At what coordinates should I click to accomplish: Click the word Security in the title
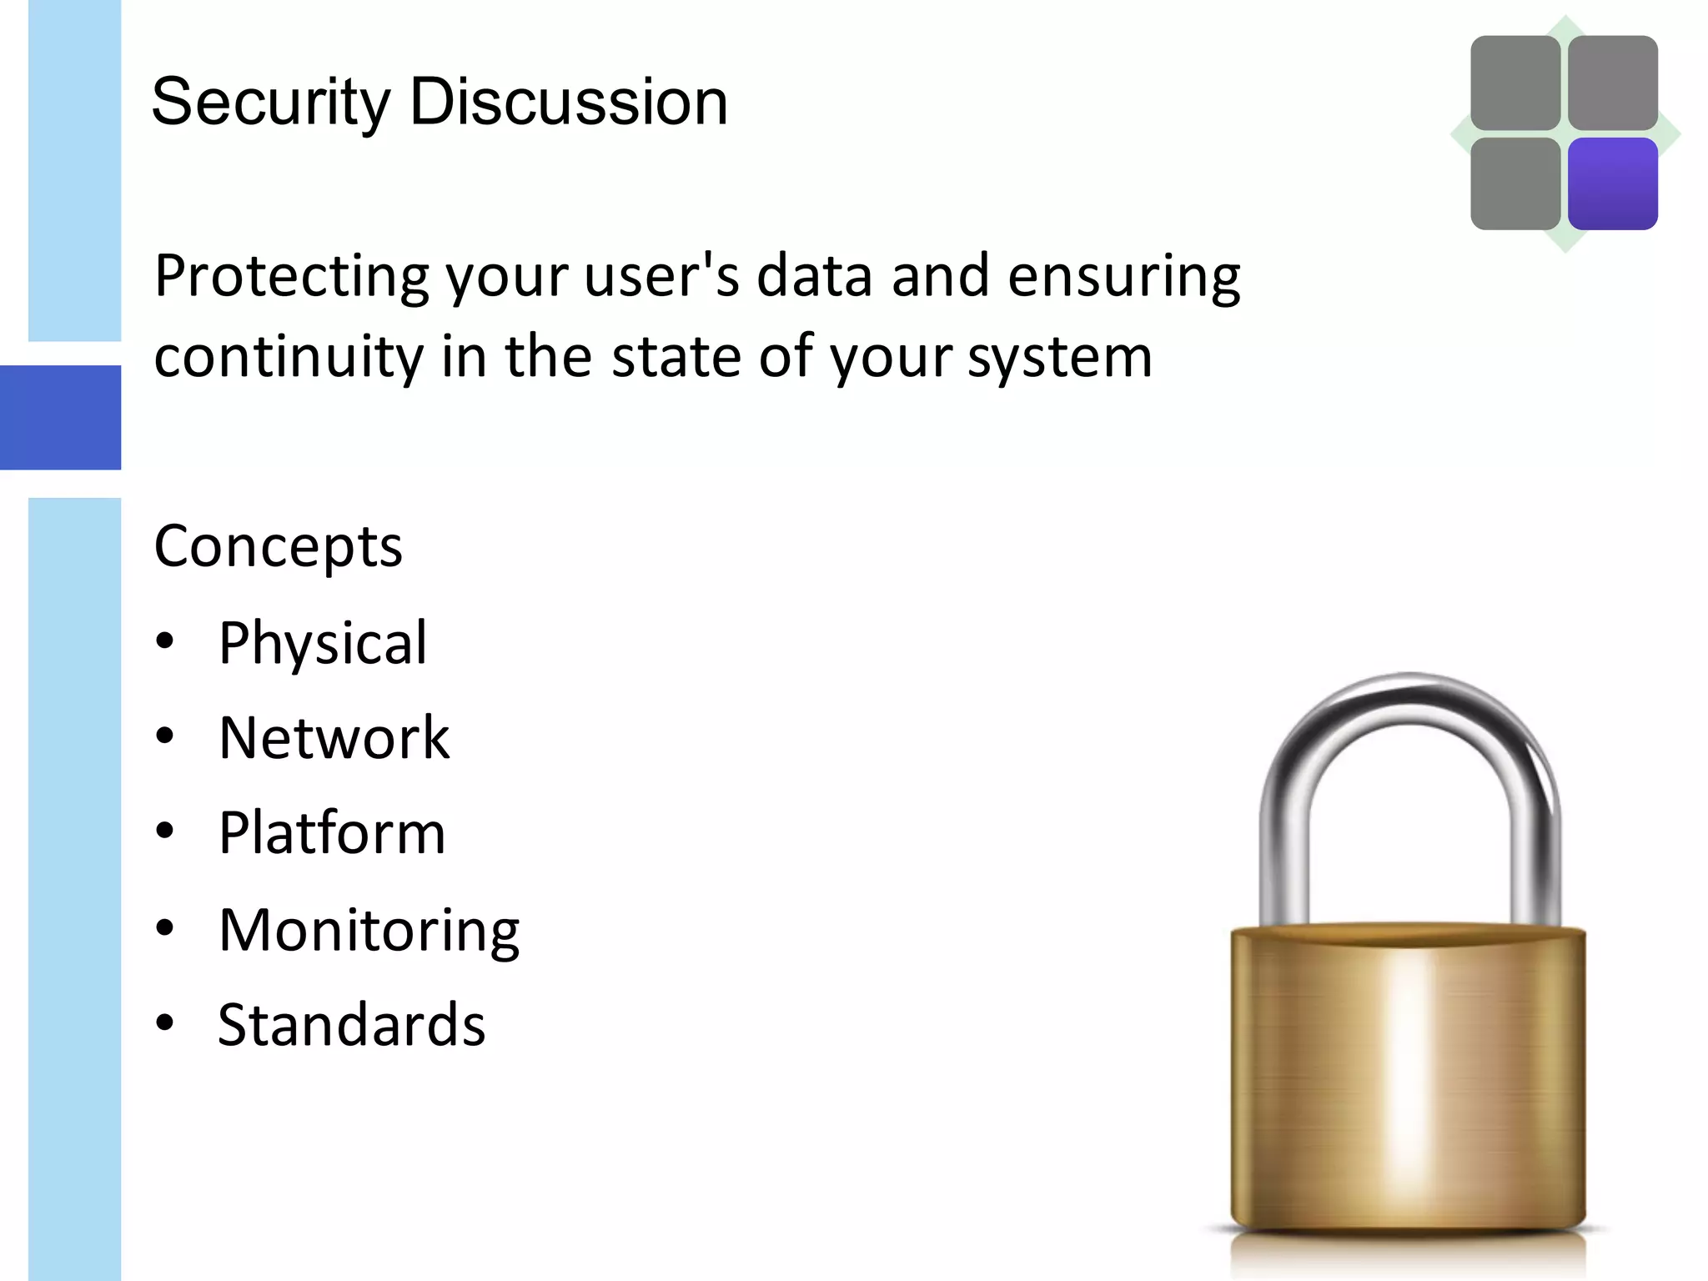(x=270, y=102)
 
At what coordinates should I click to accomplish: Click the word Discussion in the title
(x=569, y=102)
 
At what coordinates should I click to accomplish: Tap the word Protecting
(x=291, y=277)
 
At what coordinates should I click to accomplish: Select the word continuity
(x=289, y=357)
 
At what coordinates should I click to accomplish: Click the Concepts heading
(x=278, y=547)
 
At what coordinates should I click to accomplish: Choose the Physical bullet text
(x=322, y=643)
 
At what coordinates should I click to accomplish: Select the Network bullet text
(x=334, y=738)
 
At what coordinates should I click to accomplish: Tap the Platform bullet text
(x=332, y=833)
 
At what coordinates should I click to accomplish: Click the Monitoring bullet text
(x=369, y=930)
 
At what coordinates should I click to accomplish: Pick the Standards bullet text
(x=351, y=1025)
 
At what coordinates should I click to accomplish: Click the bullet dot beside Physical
(x=165, y=640)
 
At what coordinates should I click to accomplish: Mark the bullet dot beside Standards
(x=165, y=1022)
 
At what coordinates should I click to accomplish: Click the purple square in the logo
(x=1612, y=183)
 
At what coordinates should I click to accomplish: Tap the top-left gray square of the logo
(x=1515, y=83)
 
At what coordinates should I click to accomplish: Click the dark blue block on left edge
(x=60, y=417)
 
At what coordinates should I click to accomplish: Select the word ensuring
(x=1123, y=277)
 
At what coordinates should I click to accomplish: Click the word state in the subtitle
(x=676, y=357)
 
